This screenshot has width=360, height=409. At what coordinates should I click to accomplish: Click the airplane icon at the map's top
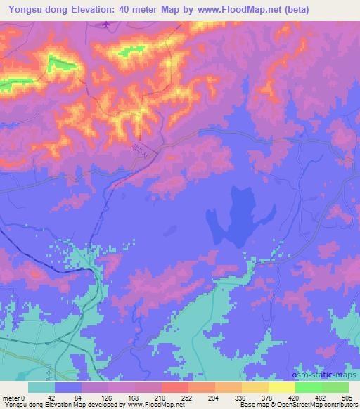105,25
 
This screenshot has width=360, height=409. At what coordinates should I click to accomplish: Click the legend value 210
161,397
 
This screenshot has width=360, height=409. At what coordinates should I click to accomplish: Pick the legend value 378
268,397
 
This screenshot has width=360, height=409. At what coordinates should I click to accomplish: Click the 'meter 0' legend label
14,397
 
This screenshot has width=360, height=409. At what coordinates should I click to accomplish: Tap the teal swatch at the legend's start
41,387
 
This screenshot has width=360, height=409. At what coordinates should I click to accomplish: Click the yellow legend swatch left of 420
281,387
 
